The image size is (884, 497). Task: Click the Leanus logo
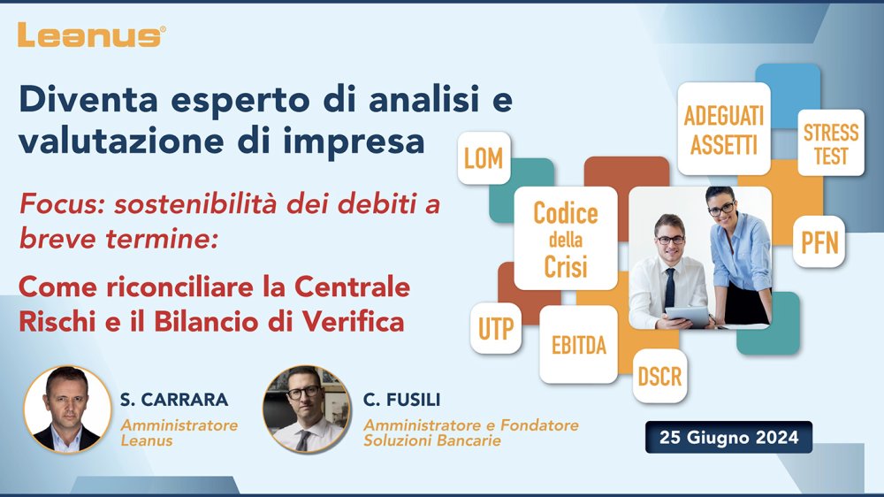pyautogui.click(x=91, y=35)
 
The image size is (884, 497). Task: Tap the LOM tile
pyautogui.click(x=484, y=158)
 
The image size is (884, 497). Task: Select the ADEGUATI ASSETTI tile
pyautogui.click(x=724, y=129)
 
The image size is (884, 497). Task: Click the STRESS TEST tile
pyautogui.click(x=831, y=142)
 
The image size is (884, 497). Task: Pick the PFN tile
pyautogui.click(x=819, y=242)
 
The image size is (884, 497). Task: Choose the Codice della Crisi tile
pyautogui.click(x=566, y=239)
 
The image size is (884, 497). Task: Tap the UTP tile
pyautogui.click(x=496, y=328)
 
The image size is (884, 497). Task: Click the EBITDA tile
pyautogui.click(x=578, y=345)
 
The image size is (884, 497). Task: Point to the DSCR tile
pyautogui.click(x=659, y=376)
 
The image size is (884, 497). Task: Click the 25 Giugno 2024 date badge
pyautogui.click(x=729, y=437)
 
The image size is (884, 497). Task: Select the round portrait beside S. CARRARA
pyautogui.click(x=68, y=409)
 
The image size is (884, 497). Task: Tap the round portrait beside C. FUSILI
pyautogui.click(x=307, y=409)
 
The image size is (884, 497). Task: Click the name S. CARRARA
pyautogui.click(x=174, y=400)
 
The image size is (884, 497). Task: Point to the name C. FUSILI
pyautogui.click(x=402, y=400)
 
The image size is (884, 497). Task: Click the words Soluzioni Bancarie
pyautogui.click(x=432, y=440)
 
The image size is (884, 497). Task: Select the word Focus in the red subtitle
pyautogui.click(x=62, y=204)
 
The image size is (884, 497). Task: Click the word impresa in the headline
pyautogui.click(x=354, y=142)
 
